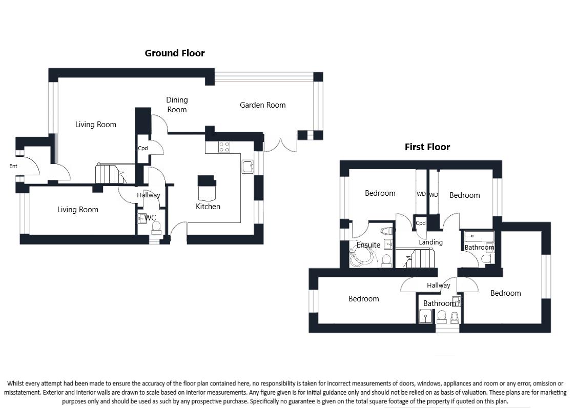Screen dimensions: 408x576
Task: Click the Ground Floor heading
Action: point(174,53)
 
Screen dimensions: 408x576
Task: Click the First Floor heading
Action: point(427,147)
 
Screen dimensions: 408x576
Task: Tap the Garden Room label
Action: point(262,105)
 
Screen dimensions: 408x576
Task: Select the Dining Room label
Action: point(177,105)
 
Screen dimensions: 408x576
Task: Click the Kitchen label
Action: point(208,207)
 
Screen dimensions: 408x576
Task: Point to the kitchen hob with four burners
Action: point(224,147)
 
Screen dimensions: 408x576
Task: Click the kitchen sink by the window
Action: point(248,167)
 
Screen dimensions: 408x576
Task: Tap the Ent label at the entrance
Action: point(13,166)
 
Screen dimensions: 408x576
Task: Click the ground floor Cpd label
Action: point(142,149)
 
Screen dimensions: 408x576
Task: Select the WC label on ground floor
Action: point(150,218)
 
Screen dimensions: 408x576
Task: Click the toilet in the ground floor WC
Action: point(157,226)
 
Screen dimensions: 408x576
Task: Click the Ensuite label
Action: point(368,245)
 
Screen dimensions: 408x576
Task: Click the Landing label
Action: point(430,242)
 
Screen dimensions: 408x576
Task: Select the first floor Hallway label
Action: point(438,285)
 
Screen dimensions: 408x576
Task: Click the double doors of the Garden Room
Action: point(280,144)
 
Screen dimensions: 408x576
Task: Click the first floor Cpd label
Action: point(420,223)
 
